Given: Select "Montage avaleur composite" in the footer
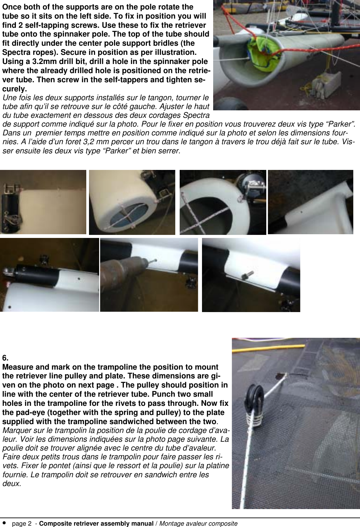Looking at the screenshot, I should tap(198, 524).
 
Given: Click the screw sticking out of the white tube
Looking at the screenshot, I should tap(246, 276).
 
